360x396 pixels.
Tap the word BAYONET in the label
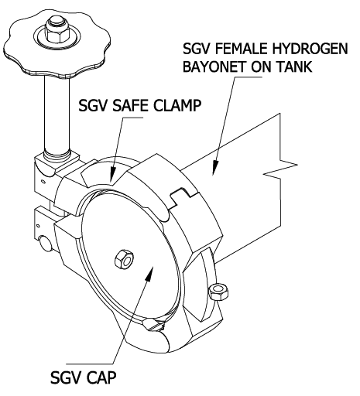tap(215, 67)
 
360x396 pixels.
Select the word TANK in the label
tap(294, 67)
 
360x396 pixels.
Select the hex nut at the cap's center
tap(124, 260)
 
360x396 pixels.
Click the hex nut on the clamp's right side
tap(218, 292)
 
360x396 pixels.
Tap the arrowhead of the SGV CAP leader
tap(149, 274)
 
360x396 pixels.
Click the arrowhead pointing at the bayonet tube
tap(215, 168)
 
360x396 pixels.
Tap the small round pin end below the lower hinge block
tap(46, 243)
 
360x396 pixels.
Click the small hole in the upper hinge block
tap(43, 182)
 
